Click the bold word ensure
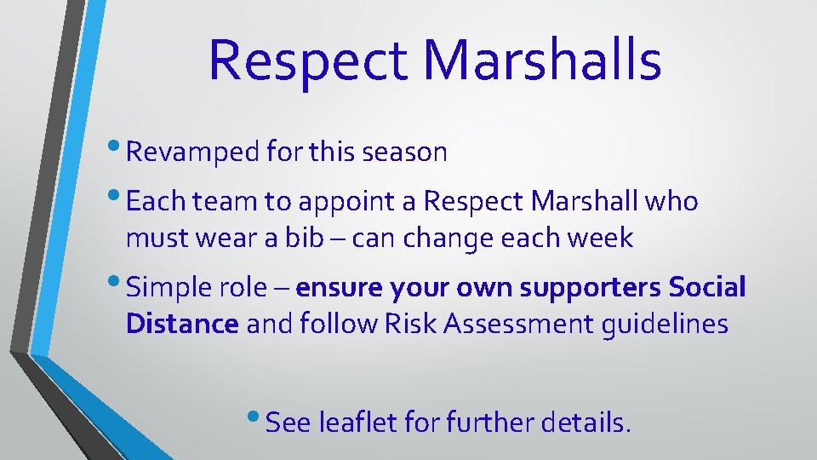pos(337,289)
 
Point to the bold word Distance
pos(182,324)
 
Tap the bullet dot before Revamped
pos(117,147)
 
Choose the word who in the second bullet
pos(671,203)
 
